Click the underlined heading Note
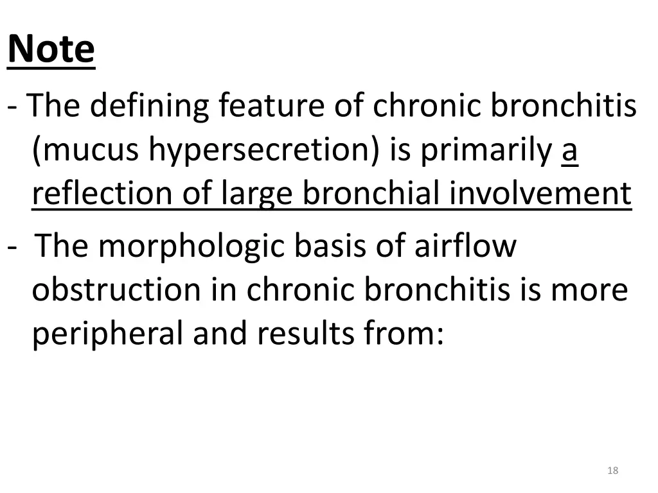click(51, 49)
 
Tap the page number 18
click(612, 471)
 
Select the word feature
click(272, 107)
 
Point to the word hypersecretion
click(265, 151)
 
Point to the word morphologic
click(191, 246)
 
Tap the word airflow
click(465, 246)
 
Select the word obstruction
click(116, 290)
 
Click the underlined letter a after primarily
click(570, 151)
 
